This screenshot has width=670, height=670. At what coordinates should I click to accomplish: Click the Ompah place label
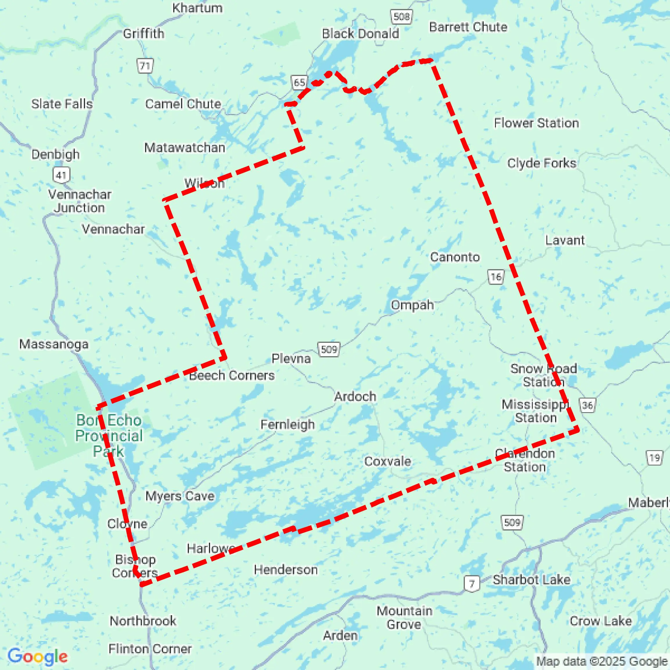(412, 305)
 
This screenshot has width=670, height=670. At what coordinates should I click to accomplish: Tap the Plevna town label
(291, 358)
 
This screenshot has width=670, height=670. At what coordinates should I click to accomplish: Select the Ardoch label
(355, 396)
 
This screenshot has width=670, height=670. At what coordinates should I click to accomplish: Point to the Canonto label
(455, 257)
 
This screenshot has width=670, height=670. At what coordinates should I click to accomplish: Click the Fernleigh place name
(287, 424)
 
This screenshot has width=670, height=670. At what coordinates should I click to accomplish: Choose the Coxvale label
(388, 461)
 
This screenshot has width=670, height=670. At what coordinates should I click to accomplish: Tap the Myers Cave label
(180, 496)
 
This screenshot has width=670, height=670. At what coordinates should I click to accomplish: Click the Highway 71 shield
(145, 66)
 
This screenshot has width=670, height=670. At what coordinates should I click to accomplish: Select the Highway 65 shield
(299, 83)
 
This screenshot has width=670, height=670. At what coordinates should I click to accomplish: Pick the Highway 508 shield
(401, 17)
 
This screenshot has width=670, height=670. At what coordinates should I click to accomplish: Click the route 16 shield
(496, 277)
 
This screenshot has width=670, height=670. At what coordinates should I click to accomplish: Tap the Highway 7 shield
(472, 584)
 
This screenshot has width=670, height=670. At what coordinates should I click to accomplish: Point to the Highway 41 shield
(62, 175)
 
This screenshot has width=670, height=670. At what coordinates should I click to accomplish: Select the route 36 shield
(587, 405)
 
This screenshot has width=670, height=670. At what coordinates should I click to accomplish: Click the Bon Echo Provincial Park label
(109, 436)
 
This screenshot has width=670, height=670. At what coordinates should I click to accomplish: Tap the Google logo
(37, 656)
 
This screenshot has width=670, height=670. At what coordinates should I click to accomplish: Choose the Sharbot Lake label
(531, 580)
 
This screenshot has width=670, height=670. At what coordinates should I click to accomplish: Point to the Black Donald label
(360, 34)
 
